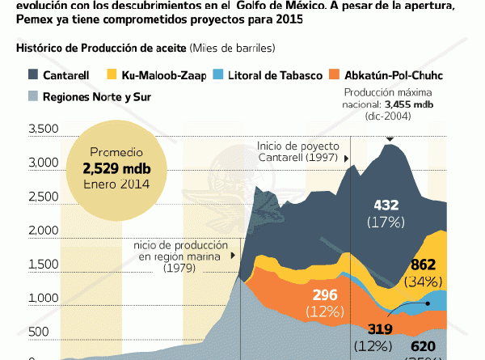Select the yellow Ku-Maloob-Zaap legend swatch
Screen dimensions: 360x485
click(x=113, y=75)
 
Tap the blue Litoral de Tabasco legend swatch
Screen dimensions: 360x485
click(x=218, y=75)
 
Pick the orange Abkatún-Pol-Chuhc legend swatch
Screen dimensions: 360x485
click(x=333, y=75)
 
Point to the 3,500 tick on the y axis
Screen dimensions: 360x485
click(x=41, y=129)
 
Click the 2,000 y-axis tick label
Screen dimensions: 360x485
click(x=41, y=231)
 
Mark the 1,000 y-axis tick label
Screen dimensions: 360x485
click(x=41, y=299)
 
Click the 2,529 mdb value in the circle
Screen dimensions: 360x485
click(x=109, y=168)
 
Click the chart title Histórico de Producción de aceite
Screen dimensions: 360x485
click(x=101, y=48)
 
